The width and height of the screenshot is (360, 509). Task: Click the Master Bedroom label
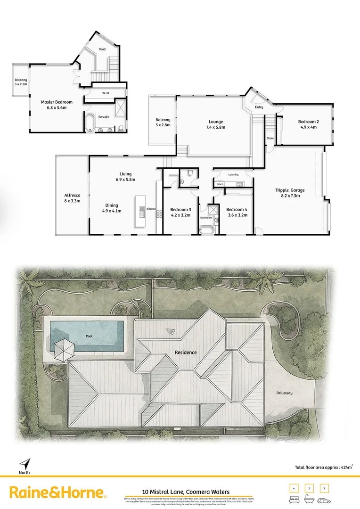(x=57, y=102)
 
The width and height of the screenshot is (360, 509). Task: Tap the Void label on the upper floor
(x=102, y=49)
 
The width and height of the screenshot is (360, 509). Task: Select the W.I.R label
(x=106, y=93)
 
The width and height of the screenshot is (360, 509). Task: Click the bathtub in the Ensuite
(x=89, y=122)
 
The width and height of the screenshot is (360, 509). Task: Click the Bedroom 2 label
(x=308, y=122)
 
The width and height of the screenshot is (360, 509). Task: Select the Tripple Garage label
(x=290, y=190)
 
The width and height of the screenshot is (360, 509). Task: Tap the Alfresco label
(x=72, y=195)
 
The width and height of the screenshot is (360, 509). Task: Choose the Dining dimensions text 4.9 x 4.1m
(x=112, y=211)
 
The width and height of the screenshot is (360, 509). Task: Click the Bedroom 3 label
(x=180, y=209)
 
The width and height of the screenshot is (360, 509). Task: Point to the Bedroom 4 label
(x=237, y=209)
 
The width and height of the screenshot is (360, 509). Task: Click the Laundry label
(x=233, y=175)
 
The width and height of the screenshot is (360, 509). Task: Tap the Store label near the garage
(x=270, y=139)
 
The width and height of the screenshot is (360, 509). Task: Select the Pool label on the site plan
(x=89, y=337)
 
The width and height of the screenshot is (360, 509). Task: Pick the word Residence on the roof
(x=186, y=353)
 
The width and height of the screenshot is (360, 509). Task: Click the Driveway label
(x=297, y=393)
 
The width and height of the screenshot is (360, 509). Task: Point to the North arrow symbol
(x=25, y=463)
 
